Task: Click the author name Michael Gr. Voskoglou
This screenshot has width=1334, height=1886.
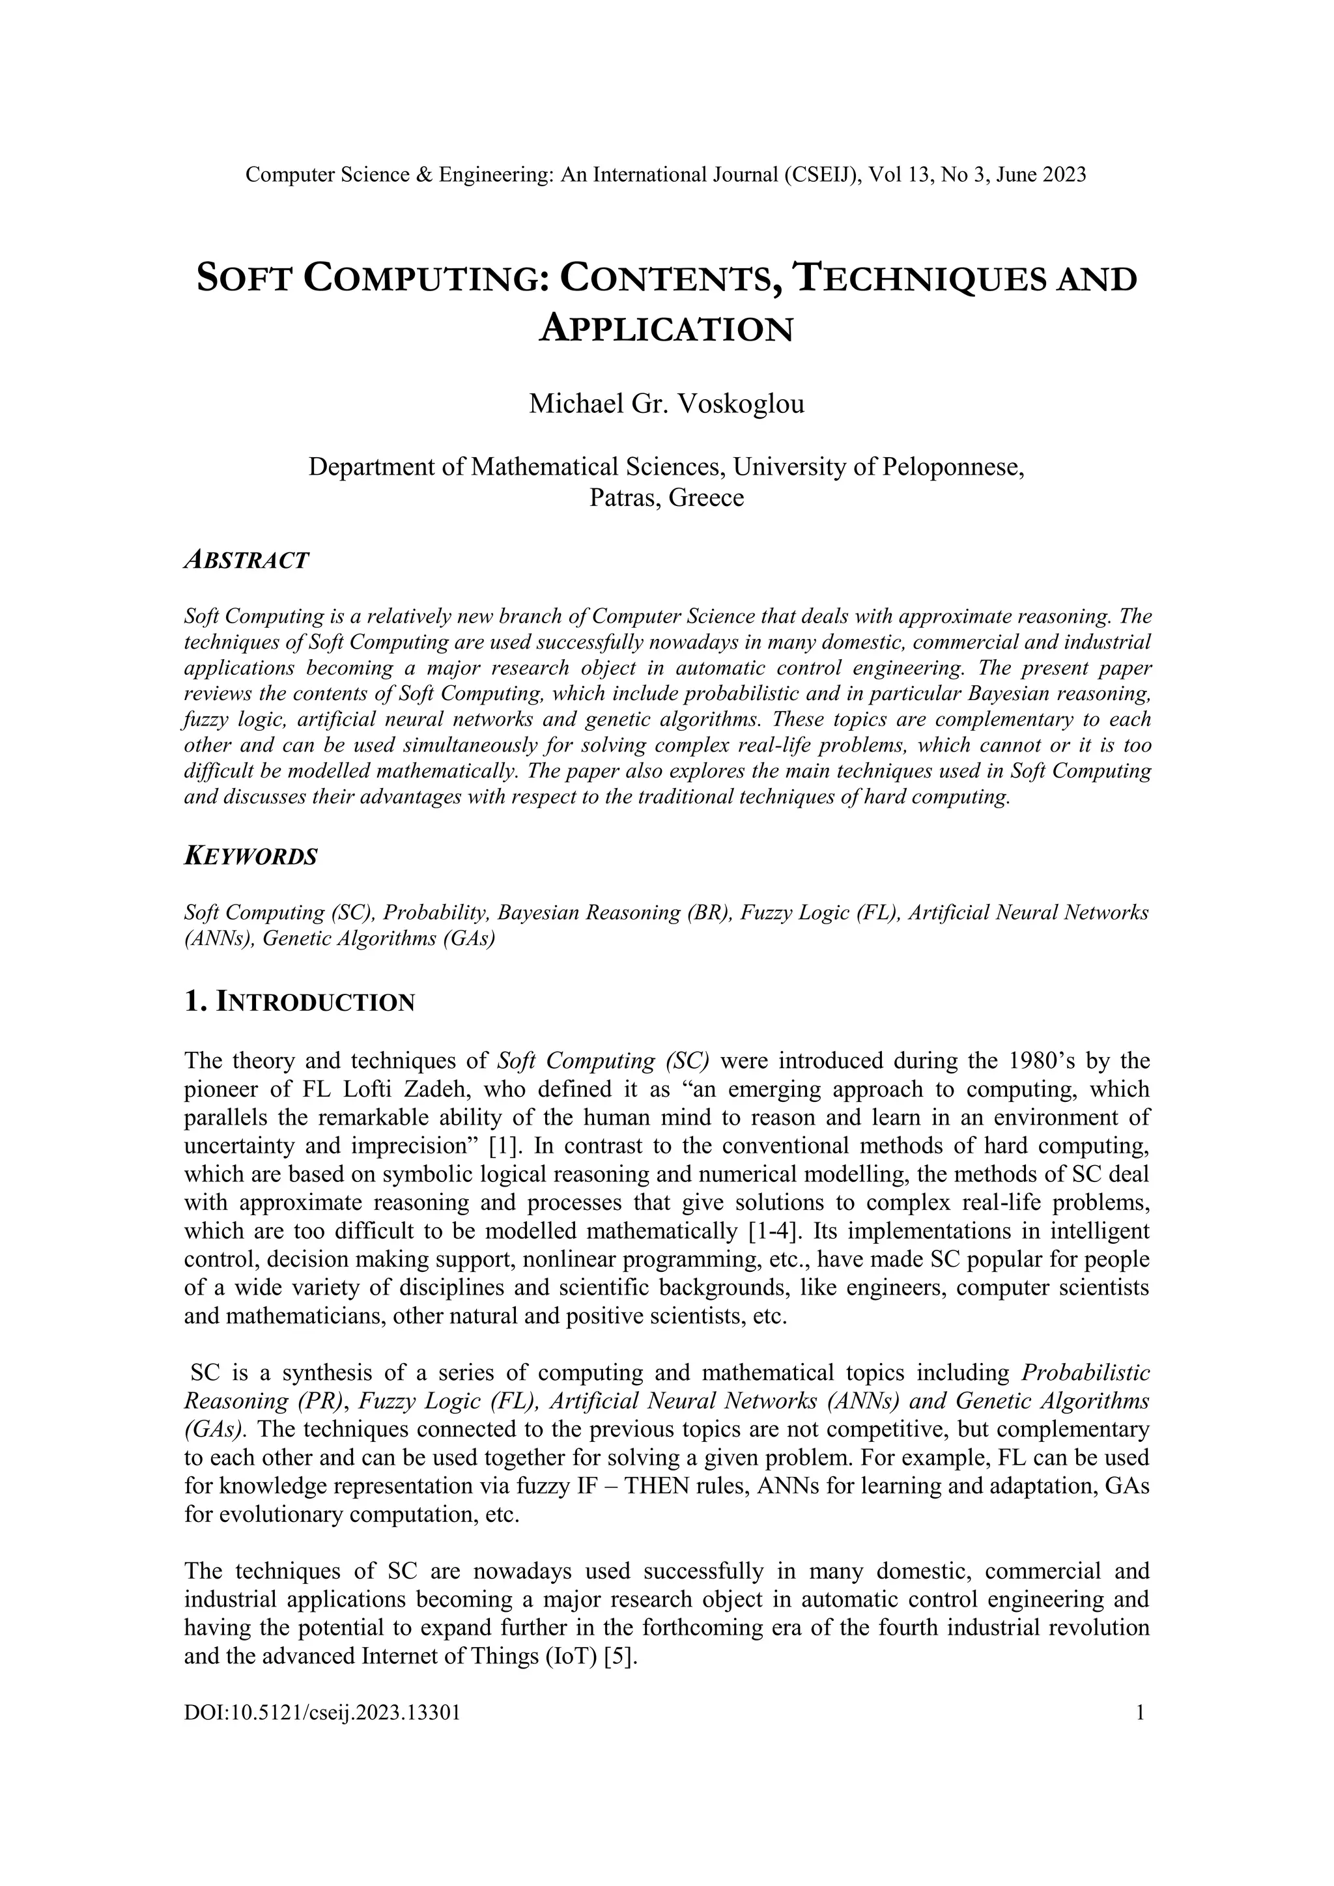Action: [666, 404]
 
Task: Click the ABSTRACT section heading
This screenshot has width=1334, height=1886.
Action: [246, 561]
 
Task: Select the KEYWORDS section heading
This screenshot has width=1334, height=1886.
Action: [251, 857]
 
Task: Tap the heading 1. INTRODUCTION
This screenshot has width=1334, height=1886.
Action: [300, 1002]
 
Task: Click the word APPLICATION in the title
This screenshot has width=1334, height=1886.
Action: [666, 330]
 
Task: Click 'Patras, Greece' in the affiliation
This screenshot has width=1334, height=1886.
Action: [666, 498]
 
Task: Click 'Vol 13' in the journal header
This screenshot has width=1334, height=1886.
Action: [900, 175]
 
